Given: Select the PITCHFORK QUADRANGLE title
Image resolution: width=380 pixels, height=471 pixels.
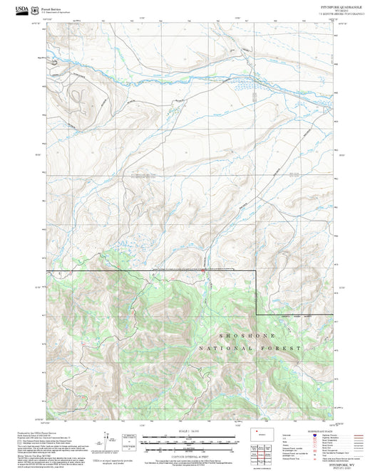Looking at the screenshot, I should click(342, 6).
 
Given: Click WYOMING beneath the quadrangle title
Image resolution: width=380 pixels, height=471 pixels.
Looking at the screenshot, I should click(342, 10).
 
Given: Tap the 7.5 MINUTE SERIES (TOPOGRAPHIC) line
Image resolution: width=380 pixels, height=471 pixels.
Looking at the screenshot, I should click(342, 14).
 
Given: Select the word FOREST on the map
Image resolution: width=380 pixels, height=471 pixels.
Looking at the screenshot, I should click(284, 349).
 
